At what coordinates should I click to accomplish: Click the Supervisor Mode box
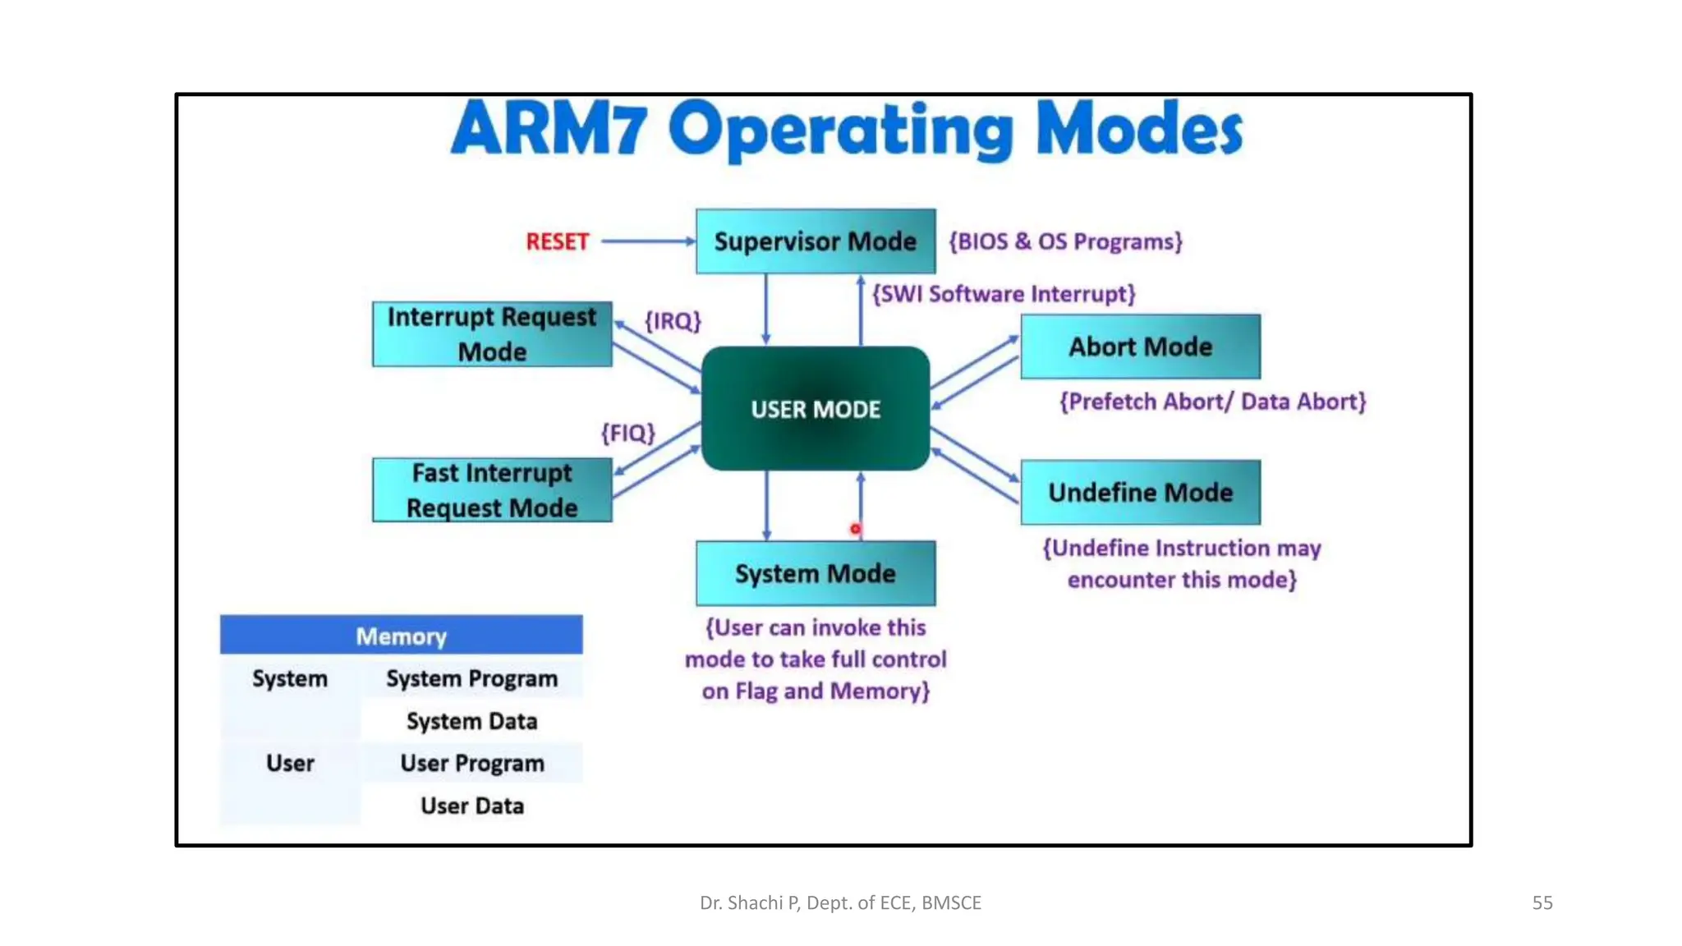click(815, 241)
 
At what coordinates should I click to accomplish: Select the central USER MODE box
click(816, 409)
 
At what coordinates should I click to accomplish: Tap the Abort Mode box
click(1140, 347)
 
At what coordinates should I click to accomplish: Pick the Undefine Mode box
click(1140, 493)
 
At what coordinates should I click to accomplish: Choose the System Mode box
click(815, 573)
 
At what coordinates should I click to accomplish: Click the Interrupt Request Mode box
click(491, 334)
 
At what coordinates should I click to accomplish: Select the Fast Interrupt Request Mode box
click(491, 490)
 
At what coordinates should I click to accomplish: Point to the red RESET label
click(557, 241)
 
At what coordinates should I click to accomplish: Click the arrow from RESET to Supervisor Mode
click(648, 241)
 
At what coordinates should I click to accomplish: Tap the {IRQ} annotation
click(673, 321)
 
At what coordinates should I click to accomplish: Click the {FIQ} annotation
click(628, 433)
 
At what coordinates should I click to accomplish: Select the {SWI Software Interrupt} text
click(1003, 294)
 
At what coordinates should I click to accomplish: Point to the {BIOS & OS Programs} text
click(1065, 241)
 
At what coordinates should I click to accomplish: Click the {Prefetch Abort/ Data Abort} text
click(1212, 402)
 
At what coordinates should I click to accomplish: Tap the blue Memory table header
click(401, 636)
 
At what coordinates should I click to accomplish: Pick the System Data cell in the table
click(471, 721)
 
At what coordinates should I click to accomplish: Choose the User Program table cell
click(471, 764)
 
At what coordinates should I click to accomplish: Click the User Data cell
click(471, 806)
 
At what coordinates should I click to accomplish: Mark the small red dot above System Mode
click(856, 530)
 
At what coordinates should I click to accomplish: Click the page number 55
click(1542, 902)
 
